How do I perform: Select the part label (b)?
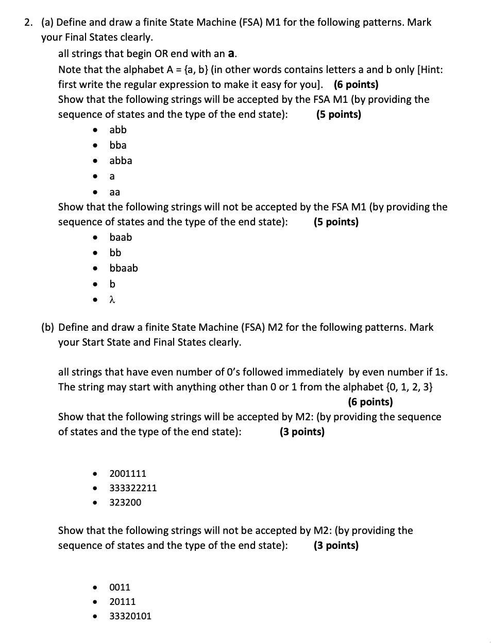(48, 327)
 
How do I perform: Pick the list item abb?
(117, 130)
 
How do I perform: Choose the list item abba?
(121, 160)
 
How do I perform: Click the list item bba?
(117, 145)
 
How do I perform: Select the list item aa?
(114, 192)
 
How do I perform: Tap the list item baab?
(121, 237)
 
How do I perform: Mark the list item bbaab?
(124, 268)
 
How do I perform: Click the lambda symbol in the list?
(112, 299)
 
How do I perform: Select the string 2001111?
(128, 473)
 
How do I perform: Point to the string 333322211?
(133, 488)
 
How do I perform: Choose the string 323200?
(125, 502)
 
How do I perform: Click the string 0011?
(120, 587)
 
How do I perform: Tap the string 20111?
(123, 601)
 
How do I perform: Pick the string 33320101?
(130, 616)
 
